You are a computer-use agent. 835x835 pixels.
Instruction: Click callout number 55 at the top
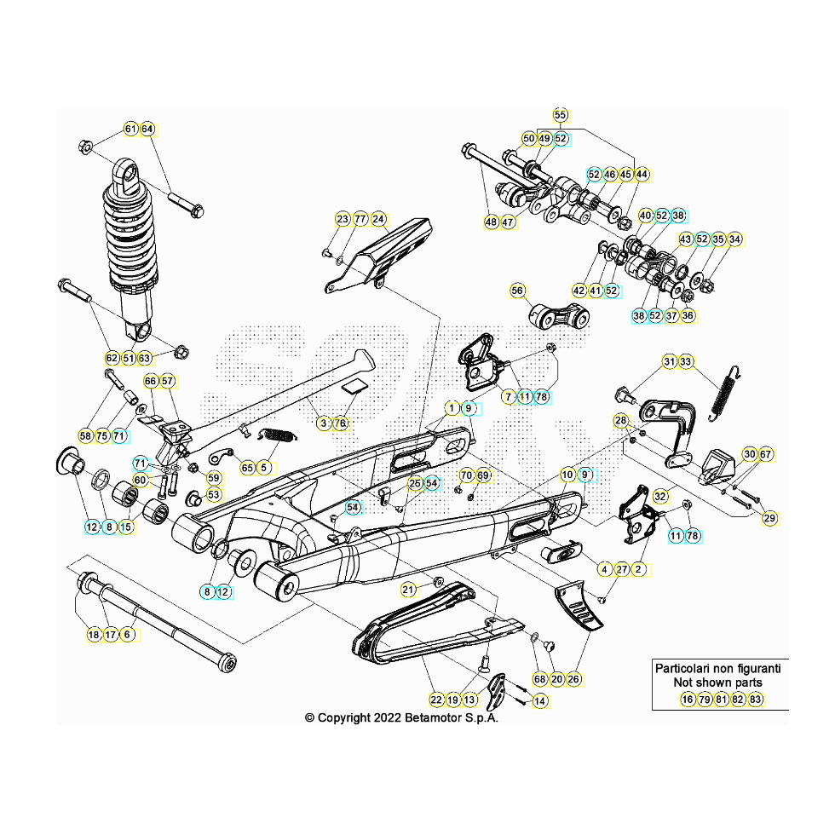[560, 115]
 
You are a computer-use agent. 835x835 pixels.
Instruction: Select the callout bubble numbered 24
[378, 219]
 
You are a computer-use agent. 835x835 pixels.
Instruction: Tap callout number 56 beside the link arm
[517, 291]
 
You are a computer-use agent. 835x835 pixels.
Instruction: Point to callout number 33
[686, 362]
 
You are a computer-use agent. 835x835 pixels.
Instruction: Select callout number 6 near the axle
[128, 634]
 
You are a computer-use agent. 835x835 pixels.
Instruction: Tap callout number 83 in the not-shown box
[755, 699]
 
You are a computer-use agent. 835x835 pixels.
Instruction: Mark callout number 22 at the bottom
[436, 700]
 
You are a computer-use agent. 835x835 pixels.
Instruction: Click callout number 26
[573, 679]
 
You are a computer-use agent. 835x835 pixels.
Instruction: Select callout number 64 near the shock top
[147, 130]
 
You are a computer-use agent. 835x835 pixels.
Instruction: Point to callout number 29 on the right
[769, 518]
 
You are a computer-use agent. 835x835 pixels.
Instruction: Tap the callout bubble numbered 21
[408, 589]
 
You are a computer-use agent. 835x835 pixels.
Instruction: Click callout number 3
[323, 423]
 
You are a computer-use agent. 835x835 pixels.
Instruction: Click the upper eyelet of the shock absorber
[130, 176]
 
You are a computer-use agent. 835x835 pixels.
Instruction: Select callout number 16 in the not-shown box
[688, 699]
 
